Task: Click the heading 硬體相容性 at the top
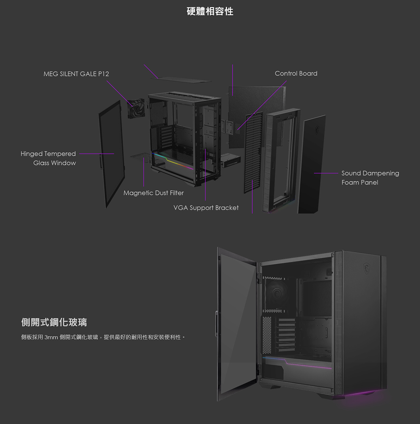click(x=210, y=11)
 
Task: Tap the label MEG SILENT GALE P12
click(x=76, y=74)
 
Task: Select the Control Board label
click(x=296, y=74)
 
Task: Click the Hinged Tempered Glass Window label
click(x=48, y=158)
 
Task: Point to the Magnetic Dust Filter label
click(x=153, y=193)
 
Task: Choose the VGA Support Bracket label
click(x=206, y=208)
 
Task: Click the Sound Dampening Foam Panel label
click(x=370, y=178)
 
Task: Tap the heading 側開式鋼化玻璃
click(x=54, y=323)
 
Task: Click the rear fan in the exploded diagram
click(x=136, y=108)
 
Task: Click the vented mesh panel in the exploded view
click(x=253, y=151)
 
